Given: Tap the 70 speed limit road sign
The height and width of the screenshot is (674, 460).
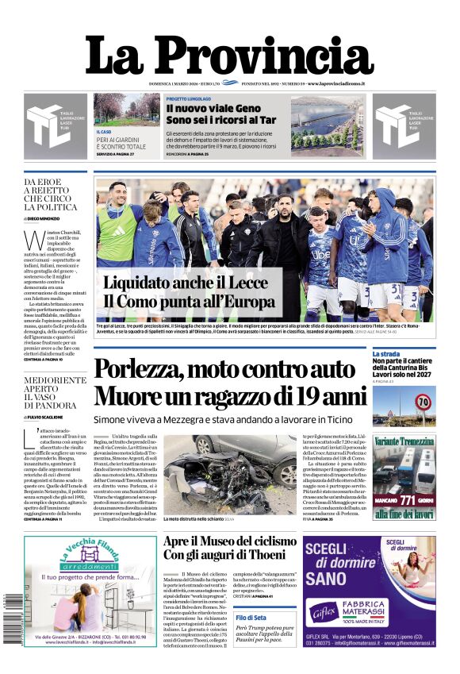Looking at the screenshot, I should (x=423, y=402).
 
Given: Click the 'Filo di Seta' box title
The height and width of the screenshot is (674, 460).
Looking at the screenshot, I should (x=251, y=617).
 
